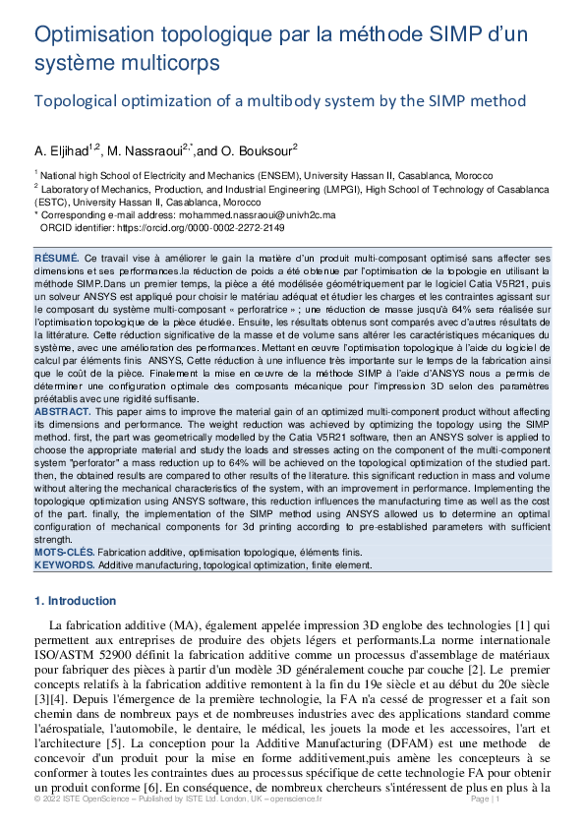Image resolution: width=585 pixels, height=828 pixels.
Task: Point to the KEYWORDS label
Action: (x=64, y=566)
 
